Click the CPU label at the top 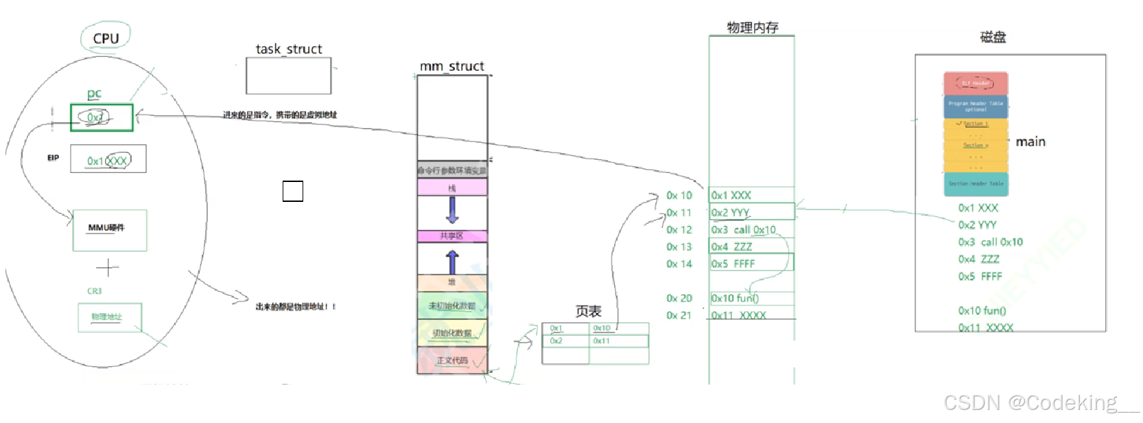(x=106, y=38)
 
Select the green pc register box (x=102, y=117)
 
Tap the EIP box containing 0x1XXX (x=108, y=159)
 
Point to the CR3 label (x=94, y=291)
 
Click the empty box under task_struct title (x=288, y=76)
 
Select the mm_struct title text (x=451, y=66)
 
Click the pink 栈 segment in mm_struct (x=452, y=187)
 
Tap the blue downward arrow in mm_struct (x=452, y=210)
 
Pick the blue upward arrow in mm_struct (x=452, y=262)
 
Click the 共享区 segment (x=452, y=236)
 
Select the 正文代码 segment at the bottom (x=452, y=361)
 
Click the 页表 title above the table (x=588, y=312)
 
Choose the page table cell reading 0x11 (x=619, y=341)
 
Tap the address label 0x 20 (x=679, y=298)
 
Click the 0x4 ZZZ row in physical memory (x=751, y=247)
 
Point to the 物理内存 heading (x=753, y=27)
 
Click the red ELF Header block (x=976, y=84)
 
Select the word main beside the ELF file (x=1030, y=141)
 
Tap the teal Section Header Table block (x=976, y=184)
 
